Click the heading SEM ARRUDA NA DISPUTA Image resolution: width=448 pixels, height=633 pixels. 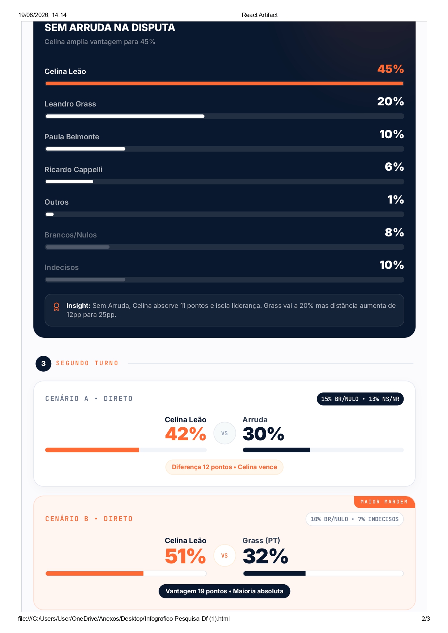pyautogui.click(x=110, y=28)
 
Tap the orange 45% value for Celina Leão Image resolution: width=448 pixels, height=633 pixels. pyautogui.click(x=391, y=69)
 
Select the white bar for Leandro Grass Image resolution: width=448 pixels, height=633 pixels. pyautogui.click(x=125, y=116)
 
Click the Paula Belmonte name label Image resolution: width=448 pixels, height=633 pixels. pyautogui.click(x=72, y=137)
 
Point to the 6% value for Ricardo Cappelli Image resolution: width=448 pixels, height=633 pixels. pyautogui.click(x=394, y=167)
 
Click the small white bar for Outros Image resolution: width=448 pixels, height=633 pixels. pyautogui.click(x=50, y=214)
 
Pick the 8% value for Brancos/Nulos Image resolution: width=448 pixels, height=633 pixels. pyautogui.click(x=394, y=232)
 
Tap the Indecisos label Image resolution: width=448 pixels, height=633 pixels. pyautogui.click(x=61, y=267)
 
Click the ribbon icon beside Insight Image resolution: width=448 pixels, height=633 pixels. pyautogui.click(x=56, y=307)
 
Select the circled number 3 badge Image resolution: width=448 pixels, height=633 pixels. pyautogui.click(x=43, y=363)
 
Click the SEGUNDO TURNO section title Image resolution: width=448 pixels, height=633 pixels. pyautogui.click(x=87, y=363)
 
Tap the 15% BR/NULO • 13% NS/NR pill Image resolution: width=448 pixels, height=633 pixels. pyautogui.click(x=360, y=399)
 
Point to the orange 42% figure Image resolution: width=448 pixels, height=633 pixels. pyautogui.click(x=186, y=434)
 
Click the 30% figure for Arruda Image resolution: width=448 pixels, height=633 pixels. pyautogui.click(x=263, y=434)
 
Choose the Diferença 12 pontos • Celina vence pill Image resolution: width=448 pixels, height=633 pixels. pyautogui.click(x=224, y=467)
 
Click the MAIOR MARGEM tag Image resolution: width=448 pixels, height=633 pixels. pyautogui.click(x=384, y=502)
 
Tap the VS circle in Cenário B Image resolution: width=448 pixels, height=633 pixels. pyautogui.click(x=224, y=555)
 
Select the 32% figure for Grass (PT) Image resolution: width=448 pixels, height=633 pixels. pyautogui.click(x=266, y=556)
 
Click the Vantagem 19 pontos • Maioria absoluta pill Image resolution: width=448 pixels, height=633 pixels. pyautogui.click(x=224, y=591)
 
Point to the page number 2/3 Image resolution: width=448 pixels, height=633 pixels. pyautogui.click(x=426, y=619)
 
